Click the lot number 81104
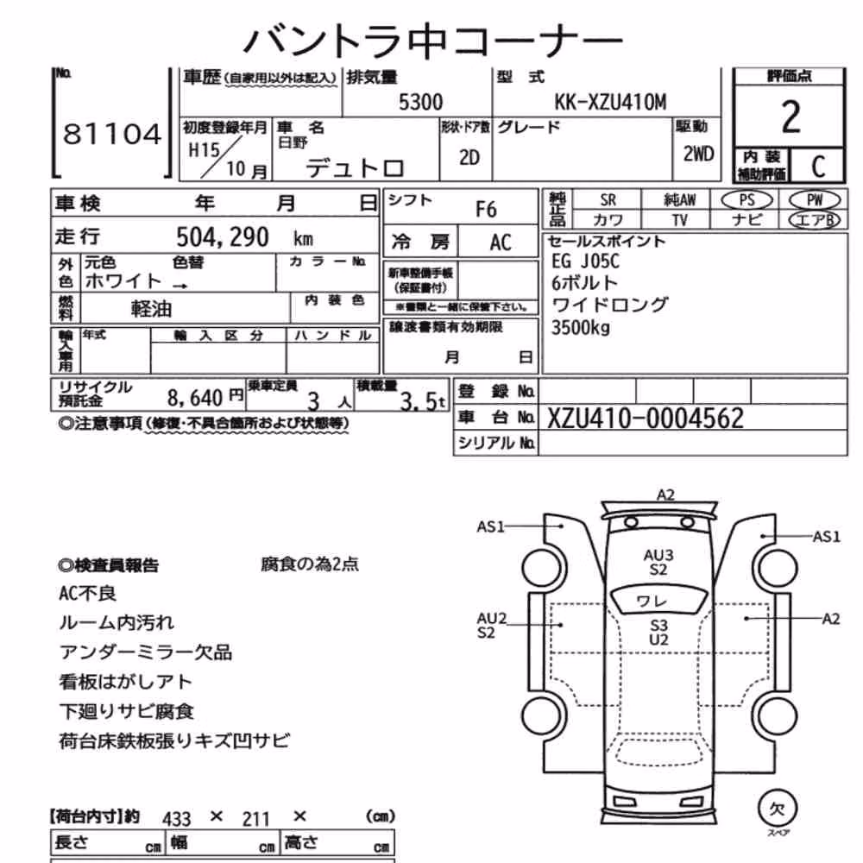[x=112, y=134]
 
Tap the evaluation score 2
[x=791, y=117]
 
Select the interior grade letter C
[x=818, y=166]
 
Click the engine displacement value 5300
[x=420, y=103]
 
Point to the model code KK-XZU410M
[x=610, y=103]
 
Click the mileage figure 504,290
[x=223, y=237]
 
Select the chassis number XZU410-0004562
[x=645, y=419]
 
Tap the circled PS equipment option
[x=746, y=200]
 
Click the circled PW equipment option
[x=815, y=200]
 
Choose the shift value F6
[x=485, y=210]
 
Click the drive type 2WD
[x=698, y=154]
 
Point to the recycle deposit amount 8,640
[x=195, y=397]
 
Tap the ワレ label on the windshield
[x=651, y=601]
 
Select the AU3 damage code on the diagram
[x=658, y=555]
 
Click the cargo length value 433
[x=177, y=819]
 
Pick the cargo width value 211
[x=256, y=819]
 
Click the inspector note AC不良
[x=87, y=594]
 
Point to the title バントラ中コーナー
[x=432, y=41]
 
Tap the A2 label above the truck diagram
[x=665, y=494]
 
